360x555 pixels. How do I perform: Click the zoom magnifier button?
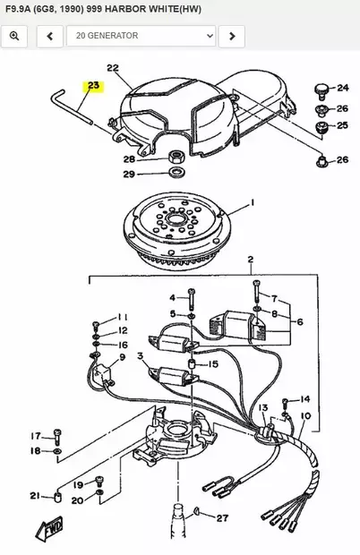pos(16,36)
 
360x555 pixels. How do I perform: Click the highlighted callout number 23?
pos(94,87)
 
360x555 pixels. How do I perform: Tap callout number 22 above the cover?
pos(113,68)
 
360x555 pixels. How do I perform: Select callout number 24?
pos(342,88)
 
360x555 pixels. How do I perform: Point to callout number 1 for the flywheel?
pos(252,203)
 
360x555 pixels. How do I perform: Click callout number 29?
pos(128,174)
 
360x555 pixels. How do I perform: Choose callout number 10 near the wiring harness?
pos(304,416)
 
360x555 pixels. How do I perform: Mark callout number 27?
pos(222,517)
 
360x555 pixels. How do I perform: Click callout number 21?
pos(34,495)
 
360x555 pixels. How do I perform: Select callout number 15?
pos(213,364)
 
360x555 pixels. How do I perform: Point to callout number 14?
pos(304,399)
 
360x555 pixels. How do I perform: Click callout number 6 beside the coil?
pos(299,321)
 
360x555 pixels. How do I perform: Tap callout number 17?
pos(36,435)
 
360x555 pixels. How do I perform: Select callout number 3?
pos(140,356)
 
